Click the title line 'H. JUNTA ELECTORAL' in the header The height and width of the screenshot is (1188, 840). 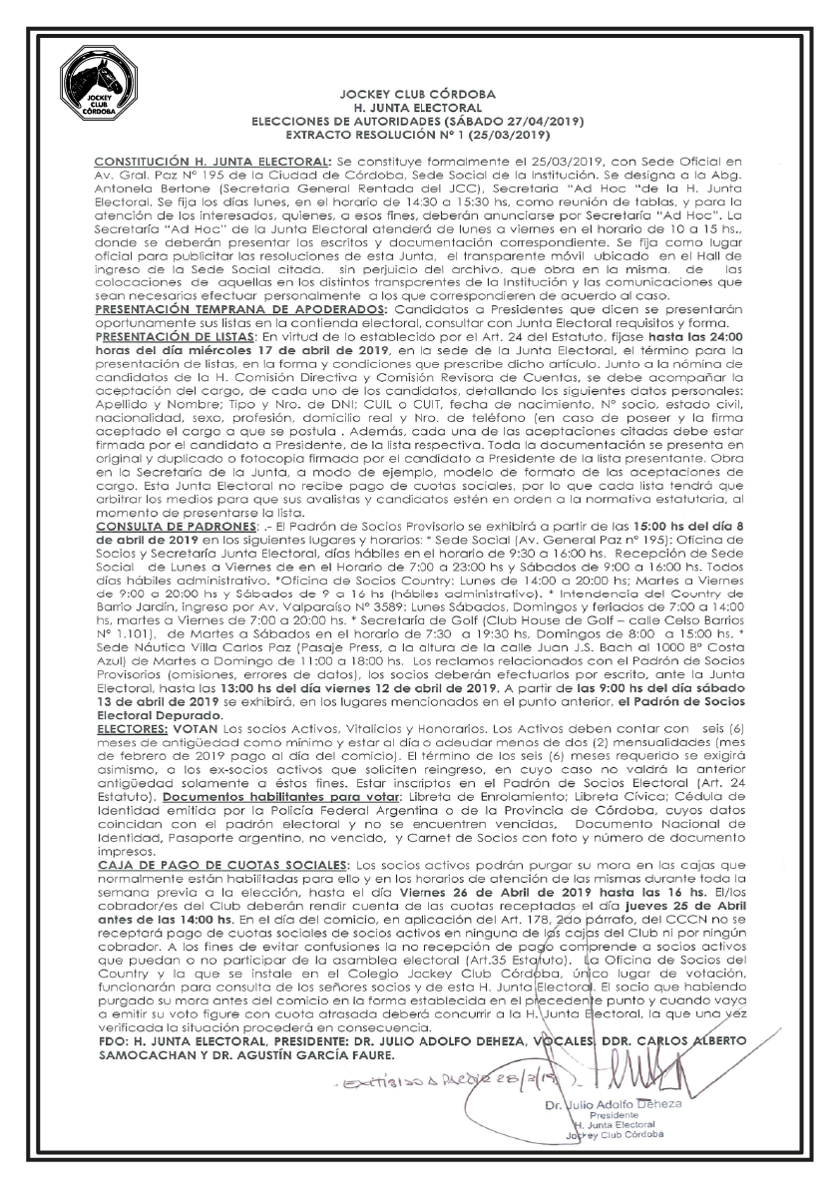click(x=418, y=105)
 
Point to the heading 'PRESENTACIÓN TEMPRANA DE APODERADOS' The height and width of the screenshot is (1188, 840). click(x=236, y=311)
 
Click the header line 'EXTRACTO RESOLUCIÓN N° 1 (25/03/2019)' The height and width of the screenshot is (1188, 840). click(x=418, y=132)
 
